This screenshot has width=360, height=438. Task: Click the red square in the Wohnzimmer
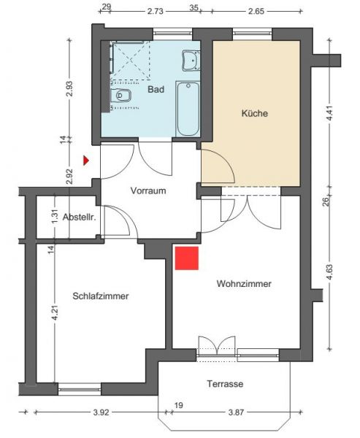pos(187,258)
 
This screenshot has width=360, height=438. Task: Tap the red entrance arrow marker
pos(86,161)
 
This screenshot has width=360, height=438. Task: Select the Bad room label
pos(156,89)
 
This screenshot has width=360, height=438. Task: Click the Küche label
pos(255,113)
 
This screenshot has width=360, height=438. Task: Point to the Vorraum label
pos(148,191)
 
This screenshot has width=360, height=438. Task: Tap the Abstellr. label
pos(80,217)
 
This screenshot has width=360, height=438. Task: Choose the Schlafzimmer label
pos(101,296)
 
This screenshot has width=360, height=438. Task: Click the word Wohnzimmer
pos(244,284)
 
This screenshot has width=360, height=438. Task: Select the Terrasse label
pos(225,384)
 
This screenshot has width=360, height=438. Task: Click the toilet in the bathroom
pos(121,95)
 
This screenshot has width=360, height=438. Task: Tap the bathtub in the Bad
pos(188,109)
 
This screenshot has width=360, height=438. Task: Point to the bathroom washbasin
pos(191,61)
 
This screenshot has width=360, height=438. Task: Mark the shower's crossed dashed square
pos(131,61)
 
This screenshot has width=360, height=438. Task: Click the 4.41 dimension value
pos(330,113)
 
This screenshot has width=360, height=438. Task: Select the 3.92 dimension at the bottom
pos(101,412)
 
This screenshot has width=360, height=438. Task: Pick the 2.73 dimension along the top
pos(155,12)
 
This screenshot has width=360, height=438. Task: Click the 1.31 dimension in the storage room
pos(55,216)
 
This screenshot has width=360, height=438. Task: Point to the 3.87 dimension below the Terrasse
pos(236,412)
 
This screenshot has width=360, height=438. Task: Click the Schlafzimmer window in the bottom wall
pos(80,389)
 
